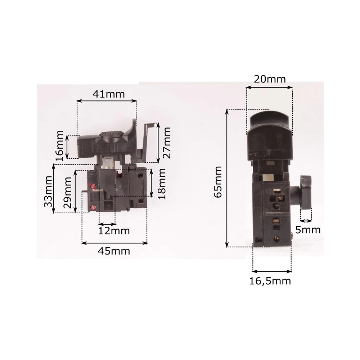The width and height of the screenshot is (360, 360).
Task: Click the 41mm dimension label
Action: coord(109,94)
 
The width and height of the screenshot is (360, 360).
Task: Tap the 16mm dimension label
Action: coord(59,146)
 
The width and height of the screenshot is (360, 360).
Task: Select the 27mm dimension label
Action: coord(167,143)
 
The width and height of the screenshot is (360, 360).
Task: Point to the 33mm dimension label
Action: coord(48,192)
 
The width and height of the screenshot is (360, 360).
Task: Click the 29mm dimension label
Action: coord(68,192)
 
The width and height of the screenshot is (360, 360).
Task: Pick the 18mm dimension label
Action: coord(162,184)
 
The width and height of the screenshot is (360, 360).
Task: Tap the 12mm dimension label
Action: coord(114,231)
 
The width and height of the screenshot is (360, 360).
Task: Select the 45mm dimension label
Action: coord(114,251)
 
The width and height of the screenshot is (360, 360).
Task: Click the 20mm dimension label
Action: coord(270,79)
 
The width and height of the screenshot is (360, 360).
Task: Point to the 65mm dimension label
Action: coord(218,182)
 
